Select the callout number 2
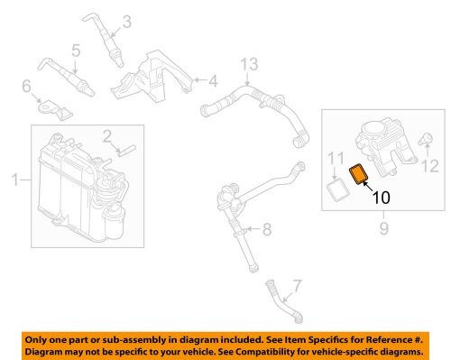106,136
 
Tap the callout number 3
125,22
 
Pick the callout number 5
76,49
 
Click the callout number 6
27,87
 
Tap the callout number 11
336,162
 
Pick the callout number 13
248,63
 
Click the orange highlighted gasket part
360,173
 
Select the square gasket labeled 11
338,189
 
